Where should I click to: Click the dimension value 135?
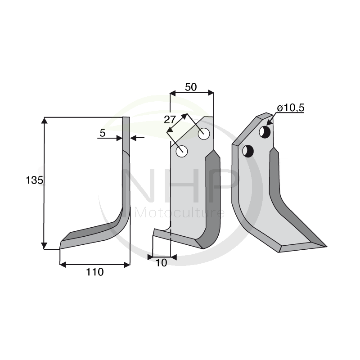pyautogui.click(x=34, y=180)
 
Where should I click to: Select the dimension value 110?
pyautogui.click(x=95, y=272)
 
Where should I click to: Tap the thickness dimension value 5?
pyautogui.click(x=102, y=133)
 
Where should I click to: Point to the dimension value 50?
pyautogui.click(x=191, y=87)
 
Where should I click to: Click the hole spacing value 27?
pyautogui.click(x=169, y=120)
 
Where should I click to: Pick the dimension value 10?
pyautogui.click(x=161, y=263)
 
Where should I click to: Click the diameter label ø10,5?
pyautogui.click(x=291, y=108)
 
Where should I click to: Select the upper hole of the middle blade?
pyautogui.click(x=204, y=134)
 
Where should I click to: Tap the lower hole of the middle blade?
pyautogui.click(x=182, y=151)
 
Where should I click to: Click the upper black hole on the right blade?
pyautogui.click(x=265, y=132)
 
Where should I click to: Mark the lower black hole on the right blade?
pyautogui.click(x=248, y=151)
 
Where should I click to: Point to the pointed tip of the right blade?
pyautogui.click(x=326, y=246)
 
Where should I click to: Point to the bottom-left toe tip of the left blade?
pyautogui.click(x=60, y=247)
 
